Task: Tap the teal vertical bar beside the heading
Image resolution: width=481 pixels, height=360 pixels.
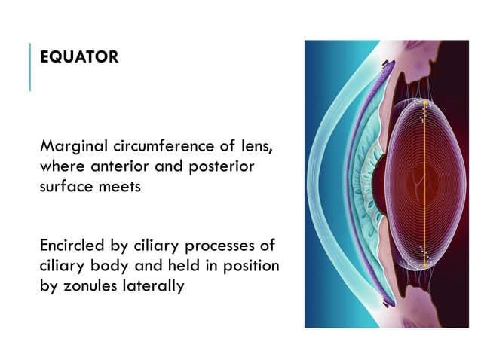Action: pos(30,68)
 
